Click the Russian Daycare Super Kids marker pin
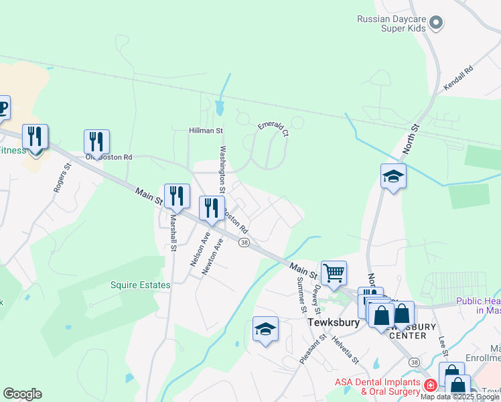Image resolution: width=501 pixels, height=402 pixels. pos(436,23)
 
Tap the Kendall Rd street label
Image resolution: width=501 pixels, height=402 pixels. pos(458,78)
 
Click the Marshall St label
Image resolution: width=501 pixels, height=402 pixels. pos(173,232)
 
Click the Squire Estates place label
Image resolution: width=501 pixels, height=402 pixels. pos(141,285)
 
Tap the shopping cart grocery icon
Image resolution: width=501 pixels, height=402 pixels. pos(334,273)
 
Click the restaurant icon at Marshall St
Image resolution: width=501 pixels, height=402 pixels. pos(177,196)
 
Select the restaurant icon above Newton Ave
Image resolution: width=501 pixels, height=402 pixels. pos(212,208)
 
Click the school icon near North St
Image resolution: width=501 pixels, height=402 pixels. pos(393,176)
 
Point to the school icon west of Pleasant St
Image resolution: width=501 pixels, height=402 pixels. pos(265,329)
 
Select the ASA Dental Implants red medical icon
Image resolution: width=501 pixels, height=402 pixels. pos(429,386)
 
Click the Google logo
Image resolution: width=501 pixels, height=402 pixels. pos(22,394)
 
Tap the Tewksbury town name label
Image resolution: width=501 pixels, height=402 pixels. pos(334,322)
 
